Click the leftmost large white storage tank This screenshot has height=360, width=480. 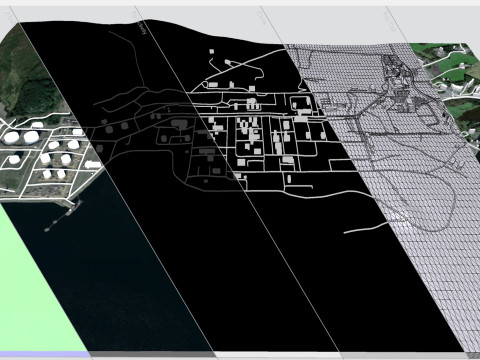click(13, 138)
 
